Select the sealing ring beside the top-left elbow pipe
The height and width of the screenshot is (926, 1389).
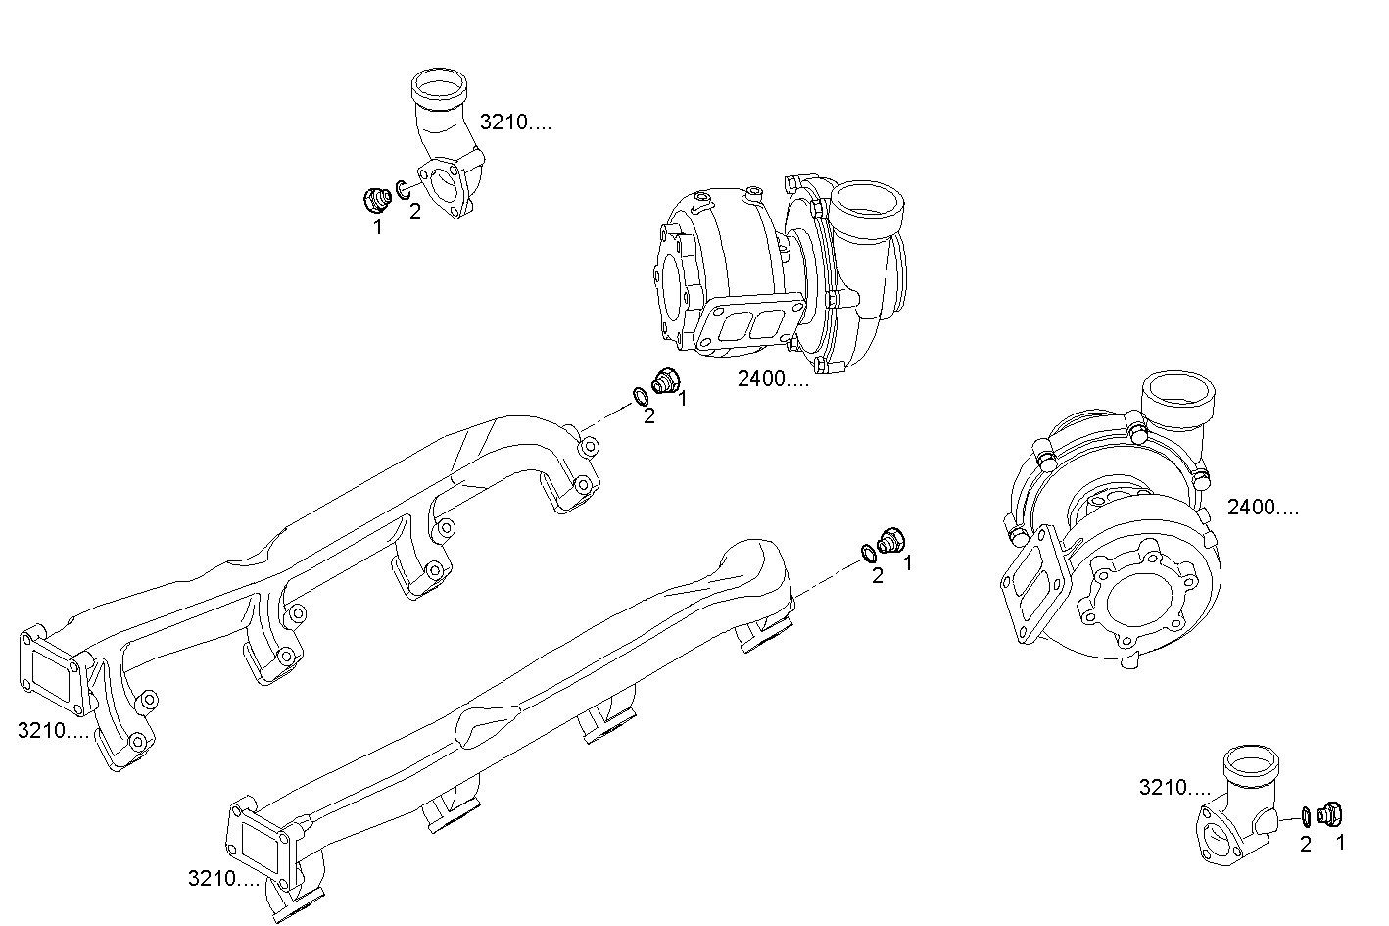[x=404, y=188]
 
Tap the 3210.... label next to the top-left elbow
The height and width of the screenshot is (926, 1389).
[x=515, y=122]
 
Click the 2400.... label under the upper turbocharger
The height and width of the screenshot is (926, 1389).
[x=773, y=379]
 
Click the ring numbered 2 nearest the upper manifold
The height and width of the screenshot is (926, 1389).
[x=639, y=397]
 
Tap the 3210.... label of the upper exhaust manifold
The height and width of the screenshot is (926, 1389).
[x=53, y=730]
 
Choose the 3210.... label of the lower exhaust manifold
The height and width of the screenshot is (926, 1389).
[x=223, y=879]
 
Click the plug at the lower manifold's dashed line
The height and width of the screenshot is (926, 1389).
[x=891, y=538]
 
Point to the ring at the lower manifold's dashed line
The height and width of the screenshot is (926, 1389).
[x=868, y=553]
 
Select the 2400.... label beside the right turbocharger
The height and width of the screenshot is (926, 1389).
[x=1264, y=507]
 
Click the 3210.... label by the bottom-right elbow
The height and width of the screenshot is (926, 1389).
[x=1174, y=787]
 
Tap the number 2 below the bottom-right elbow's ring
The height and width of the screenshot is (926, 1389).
[x=1305, y=844]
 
